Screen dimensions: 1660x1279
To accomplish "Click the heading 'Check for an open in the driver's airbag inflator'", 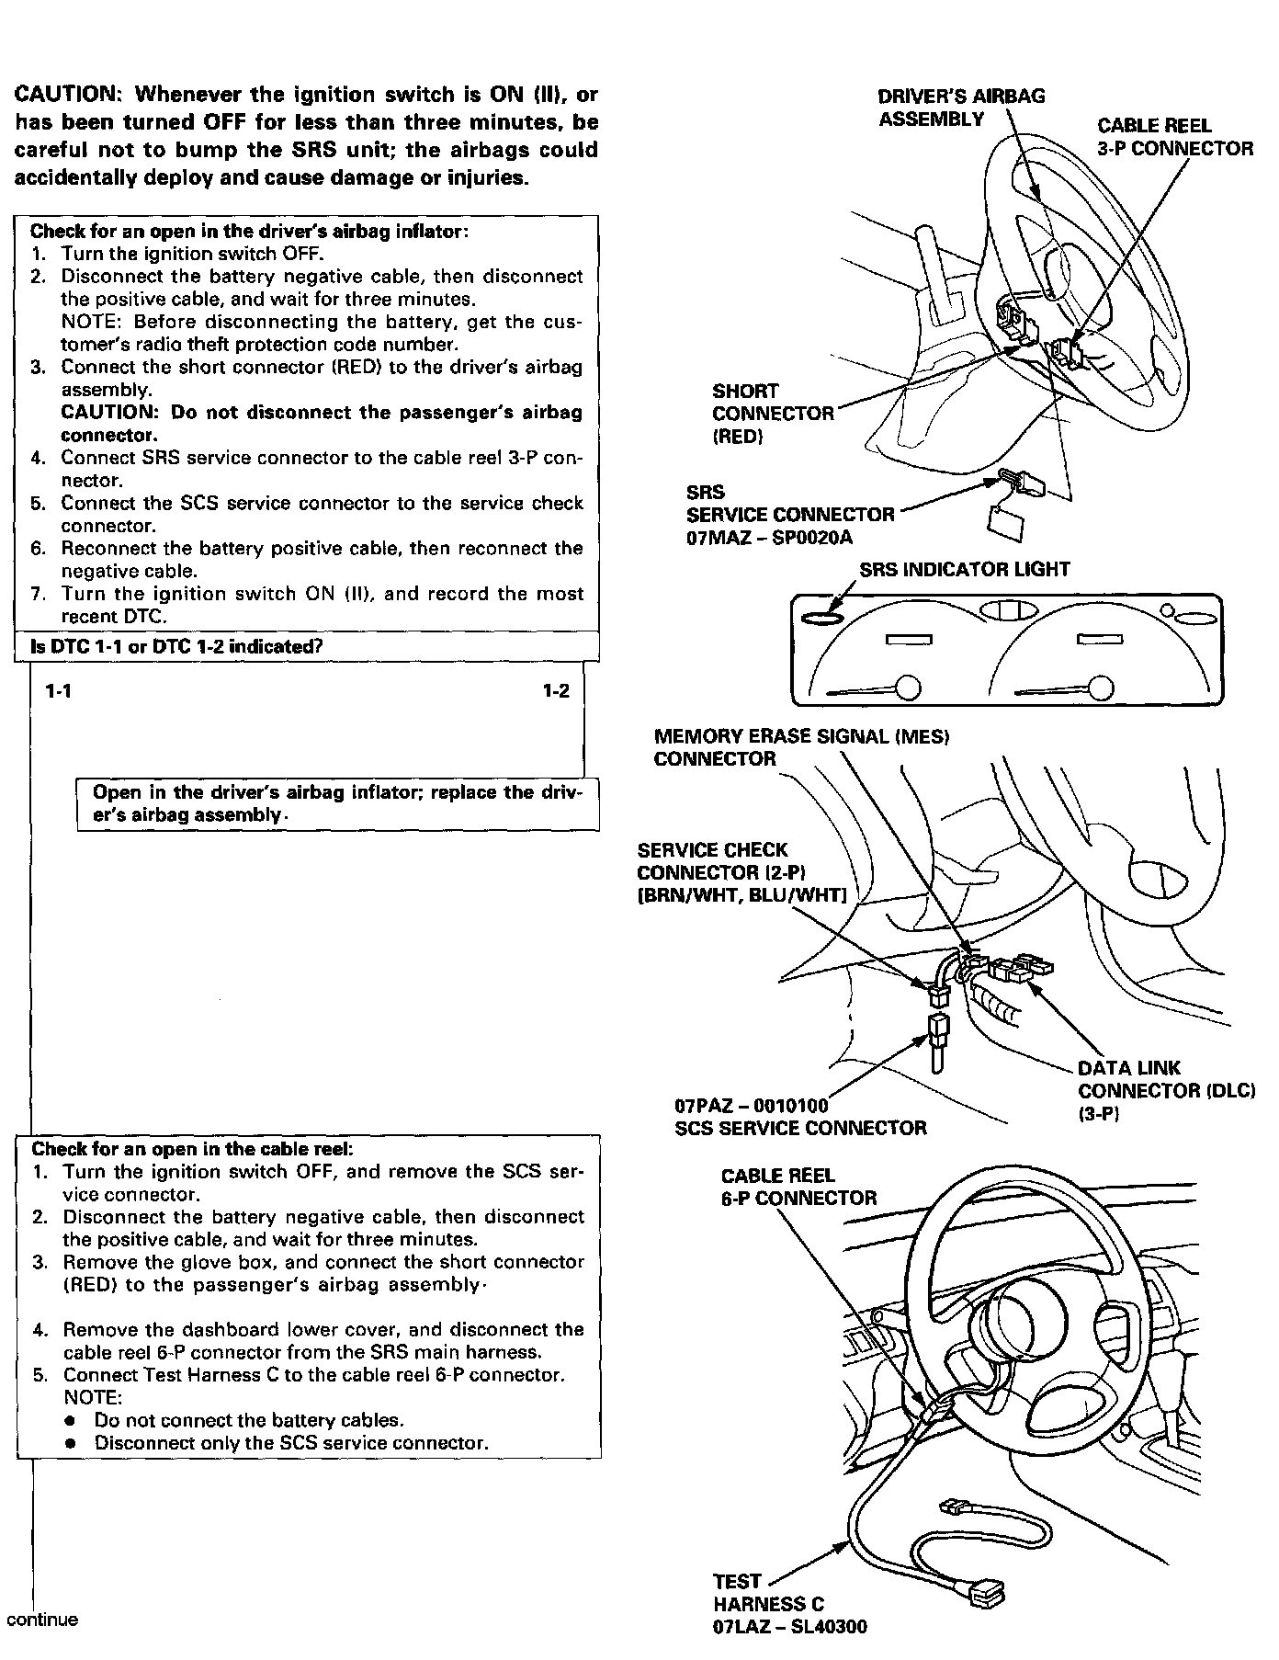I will pos(249,232).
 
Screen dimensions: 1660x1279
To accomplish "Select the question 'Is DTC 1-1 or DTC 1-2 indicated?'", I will pos(176,646).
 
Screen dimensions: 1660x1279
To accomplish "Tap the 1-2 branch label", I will pos(555,691).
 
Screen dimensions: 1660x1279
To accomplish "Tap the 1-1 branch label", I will pos(59,691).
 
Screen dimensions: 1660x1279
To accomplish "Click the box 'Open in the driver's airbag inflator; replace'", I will pos(337,804).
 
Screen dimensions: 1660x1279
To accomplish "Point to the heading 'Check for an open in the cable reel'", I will pos(192,1149).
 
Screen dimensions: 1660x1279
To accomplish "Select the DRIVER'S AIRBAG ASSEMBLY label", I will pos(960,108).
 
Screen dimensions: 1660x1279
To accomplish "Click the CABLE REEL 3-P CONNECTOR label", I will pos(1174,137).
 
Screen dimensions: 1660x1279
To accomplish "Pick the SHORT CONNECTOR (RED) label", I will pos(772,414).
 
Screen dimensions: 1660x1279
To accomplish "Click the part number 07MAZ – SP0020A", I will pos(775,538).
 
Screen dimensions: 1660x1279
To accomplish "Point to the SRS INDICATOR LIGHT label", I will pos(964,569).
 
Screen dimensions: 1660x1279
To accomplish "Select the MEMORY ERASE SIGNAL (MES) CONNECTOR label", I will pos(800,747).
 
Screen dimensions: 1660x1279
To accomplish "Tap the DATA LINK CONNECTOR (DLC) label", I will pos(1165,1091).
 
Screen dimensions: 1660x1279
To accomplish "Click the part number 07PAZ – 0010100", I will pos(751,1105).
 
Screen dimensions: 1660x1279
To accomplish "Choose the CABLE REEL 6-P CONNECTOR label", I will pos(798,1187).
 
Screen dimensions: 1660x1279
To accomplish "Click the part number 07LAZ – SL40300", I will pos(789,1627).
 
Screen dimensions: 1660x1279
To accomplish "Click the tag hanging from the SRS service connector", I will pos(1006,519).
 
